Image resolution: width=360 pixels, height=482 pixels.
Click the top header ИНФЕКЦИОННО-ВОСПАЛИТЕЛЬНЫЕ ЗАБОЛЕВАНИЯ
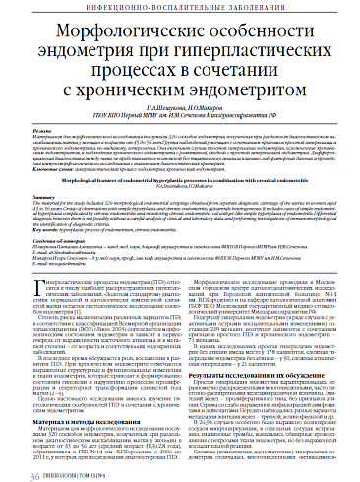179,7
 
